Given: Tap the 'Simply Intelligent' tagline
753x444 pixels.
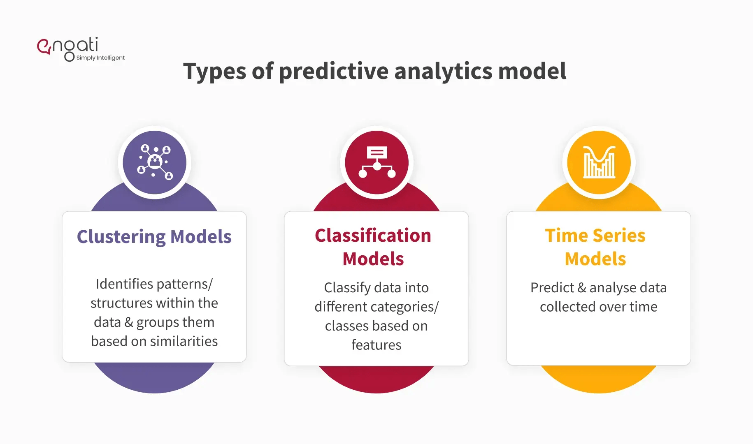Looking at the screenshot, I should [x=100, y=58].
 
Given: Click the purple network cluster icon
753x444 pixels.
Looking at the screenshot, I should [x=154, y=162].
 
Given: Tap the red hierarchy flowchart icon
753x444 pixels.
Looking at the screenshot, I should [x=376, y=162].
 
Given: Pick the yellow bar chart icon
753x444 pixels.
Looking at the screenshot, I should [x=599, y=162].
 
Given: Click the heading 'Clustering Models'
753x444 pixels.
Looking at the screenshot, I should [x=154, y=237].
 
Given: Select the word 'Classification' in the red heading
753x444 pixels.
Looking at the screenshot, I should [x=373, y=236].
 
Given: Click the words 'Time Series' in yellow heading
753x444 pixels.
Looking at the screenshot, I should [x=595, y=236].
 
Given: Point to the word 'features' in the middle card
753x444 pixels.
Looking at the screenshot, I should [x=376, y=345].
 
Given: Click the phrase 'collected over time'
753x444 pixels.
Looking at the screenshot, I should [x=598, y=307].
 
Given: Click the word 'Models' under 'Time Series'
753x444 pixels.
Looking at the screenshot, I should [x=595, y=259].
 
